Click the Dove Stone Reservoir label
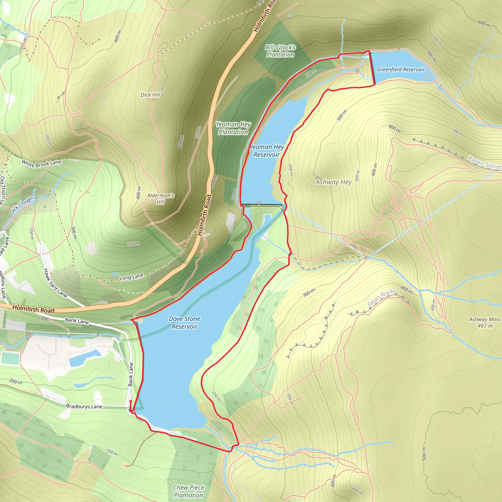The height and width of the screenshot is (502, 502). click(185, 323)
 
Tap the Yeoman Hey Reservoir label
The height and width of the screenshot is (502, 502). click(267, 151)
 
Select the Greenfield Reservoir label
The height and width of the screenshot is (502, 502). click(401, 69)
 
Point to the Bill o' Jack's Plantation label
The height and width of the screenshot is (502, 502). click(280, 51)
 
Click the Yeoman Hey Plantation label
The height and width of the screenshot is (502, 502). click(233, 128)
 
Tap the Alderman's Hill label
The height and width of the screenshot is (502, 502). click(160, 199)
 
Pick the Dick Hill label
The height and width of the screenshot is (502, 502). click(151, 95)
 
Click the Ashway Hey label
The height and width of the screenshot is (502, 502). click(334, 182)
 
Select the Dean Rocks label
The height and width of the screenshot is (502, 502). click(382, 298)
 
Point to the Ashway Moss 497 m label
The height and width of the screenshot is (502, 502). click(485, 322)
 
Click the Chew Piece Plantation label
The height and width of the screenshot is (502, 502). click(188, 491)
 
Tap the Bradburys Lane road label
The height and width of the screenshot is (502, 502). click(84, 406)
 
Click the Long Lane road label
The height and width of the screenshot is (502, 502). click(131, 277)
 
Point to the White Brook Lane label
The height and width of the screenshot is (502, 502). click(41, 163)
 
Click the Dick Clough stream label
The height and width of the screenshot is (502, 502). click(22, 205)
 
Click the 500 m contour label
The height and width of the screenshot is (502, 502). click(424, 454)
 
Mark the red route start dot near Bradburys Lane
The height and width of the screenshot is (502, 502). click(131, 402)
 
